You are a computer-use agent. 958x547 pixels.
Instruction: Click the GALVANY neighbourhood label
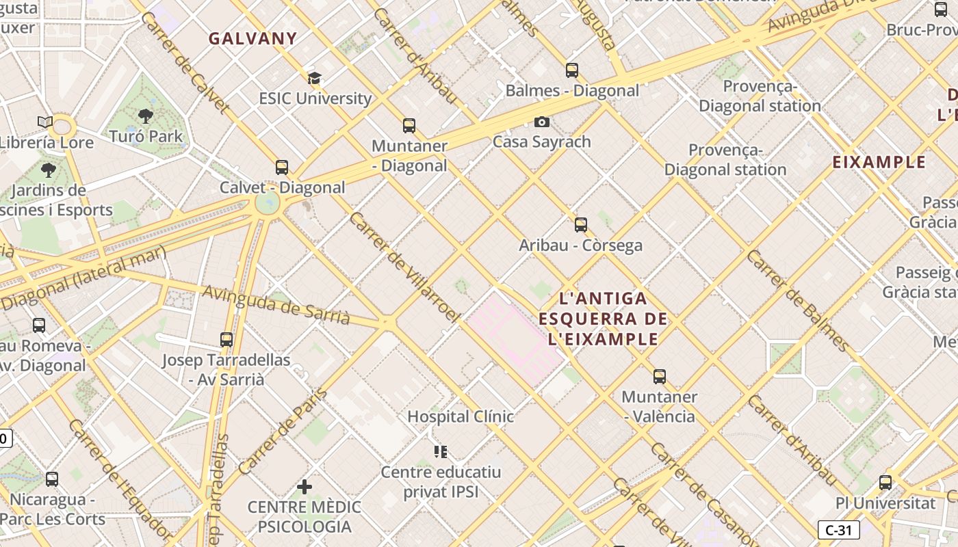pyautogui.click(x=253, y=38)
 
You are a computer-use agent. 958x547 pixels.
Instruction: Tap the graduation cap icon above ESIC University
pyautogui.click(x=314, y=78)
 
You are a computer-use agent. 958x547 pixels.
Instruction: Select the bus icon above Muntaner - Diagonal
pyautogui.click(x=409, y=126)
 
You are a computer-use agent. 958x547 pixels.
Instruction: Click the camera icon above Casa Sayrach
pyautogui.click(x=542, y=122)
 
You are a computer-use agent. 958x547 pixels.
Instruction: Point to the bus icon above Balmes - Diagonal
pyautogui.click(x=572, y=70)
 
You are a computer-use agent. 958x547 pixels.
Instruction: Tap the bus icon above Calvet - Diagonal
pyautogui.click(x=282, y=167)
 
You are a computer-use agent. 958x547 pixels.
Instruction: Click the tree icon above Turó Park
pyautogui.click(x=146, y=116)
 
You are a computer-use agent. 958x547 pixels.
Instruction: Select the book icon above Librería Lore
pyautogui.click(x=45, y=122)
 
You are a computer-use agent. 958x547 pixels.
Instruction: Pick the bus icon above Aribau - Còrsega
pyautogui.click(x=581, y=224)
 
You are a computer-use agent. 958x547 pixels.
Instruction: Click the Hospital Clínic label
pyautogui.click(x=461, y=416)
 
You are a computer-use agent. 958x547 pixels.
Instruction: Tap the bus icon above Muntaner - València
pyautogui.click(x=660, y=376)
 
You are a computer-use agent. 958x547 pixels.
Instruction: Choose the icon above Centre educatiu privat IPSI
pyautogui.click(x=441, y=451)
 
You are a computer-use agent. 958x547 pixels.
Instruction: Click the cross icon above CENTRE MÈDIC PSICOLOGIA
pyautogui.click(x=305, y=487)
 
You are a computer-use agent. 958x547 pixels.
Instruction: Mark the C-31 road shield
pyautogui.click(x=838, y=529)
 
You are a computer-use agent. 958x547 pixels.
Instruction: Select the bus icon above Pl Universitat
pyautogui.click(x=885, y=482)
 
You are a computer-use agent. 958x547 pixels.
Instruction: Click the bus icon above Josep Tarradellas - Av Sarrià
pyautogui.click(x=226, y=339)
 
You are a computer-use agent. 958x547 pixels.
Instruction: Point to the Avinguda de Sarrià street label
pyautogui.click(x=276, y=305)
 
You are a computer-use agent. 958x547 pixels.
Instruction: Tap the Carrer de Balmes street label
pyautogui.click(x=797, y=301)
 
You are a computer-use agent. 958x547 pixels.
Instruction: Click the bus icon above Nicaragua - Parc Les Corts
pyautogui.click(x=52, y=479)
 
